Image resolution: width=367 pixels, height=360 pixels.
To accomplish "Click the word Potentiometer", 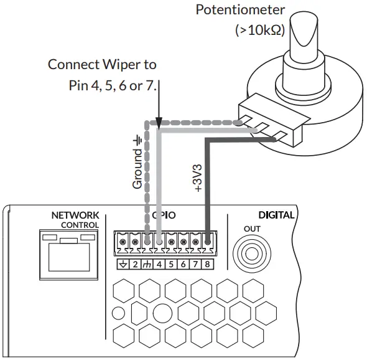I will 240,10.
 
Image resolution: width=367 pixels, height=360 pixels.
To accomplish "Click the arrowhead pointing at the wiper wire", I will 160,122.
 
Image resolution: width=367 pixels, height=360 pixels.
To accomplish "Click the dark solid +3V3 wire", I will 208,187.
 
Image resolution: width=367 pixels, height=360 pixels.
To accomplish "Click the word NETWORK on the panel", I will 75,215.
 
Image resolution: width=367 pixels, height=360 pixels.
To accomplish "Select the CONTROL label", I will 80,224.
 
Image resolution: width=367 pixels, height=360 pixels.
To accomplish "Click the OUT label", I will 253,229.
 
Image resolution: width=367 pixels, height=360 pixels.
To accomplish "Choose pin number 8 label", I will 208,264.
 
